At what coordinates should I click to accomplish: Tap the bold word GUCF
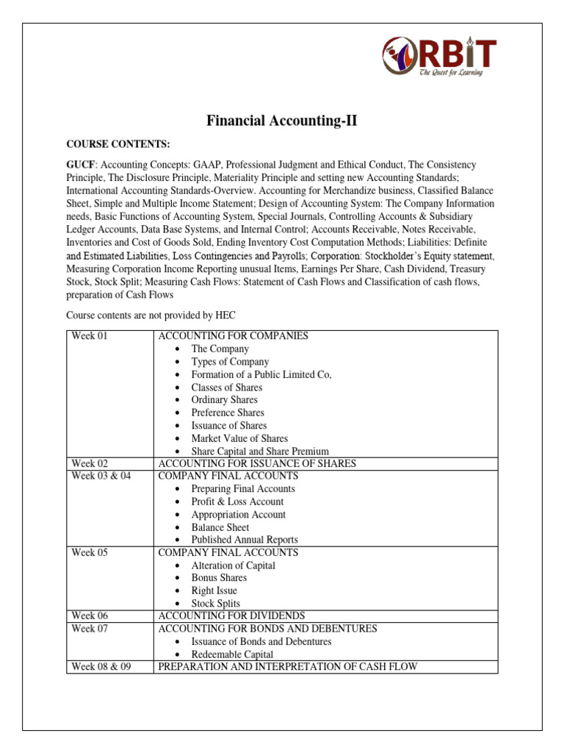81,165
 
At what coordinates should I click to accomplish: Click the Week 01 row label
90,336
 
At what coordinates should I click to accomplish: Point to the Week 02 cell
90,463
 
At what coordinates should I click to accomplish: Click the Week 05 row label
90,552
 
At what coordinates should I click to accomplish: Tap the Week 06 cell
90,615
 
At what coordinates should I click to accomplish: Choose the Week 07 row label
90,629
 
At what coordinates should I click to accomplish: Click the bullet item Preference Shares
228,413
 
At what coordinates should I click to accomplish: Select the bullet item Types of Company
230,362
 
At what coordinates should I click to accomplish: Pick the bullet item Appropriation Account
238,515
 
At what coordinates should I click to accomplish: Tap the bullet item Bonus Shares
219,578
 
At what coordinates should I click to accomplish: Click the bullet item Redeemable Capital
232,654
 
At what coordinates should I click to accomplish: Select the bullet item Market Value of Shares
239,438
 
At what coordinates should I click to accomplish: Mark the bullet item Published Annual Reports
245,540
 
